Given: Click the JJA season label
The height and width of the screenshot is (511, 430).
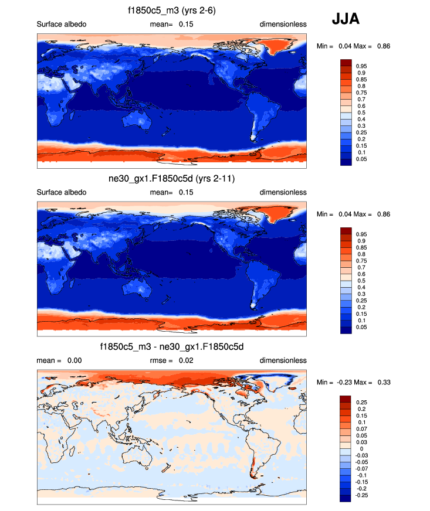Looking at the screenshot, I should coord(346,19).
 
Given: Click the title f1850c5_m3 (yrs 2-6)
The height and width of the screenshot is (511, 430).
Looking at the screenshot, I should coord(172,11).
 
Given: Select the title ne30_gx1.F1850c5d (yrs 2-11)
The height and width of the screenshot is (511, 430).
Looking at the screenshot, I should coord(172,179).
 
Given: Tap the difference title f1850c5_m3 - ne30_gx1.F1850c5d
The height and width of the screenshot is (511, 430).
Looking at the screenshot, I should coord(172,347).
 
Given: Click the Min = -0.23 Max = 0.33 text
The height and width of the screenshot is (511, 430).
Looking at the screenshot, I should coord(353,382).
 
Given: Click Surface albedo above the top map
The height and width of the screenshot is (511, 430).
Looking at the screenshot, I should coord(62,24).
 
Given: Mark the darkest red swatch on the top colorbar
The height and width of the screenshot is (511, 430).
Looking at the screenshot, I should coord(346,63).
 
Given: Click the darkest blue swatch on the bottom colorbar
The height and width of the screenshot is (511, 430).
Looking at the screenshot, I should coord(346,498).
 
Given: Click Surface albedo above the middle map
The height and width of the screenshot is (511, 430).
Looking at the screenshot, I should coord(62,192).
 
